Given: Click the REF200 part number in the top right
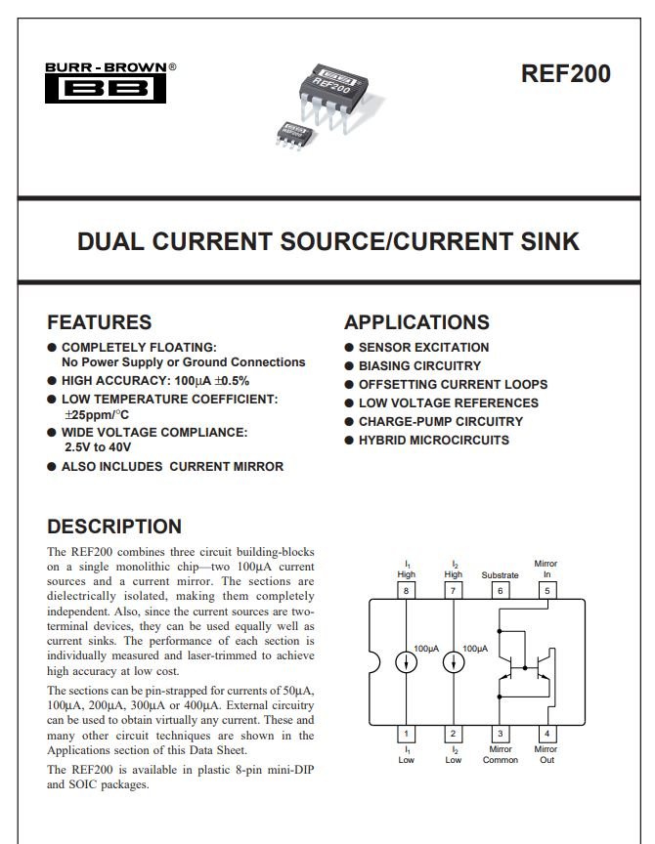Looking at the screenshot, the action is pos(566,73).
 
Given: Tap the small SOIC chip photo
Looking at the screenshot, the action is pos(294,135).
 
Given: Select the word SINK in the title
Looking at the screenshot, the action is pos(550,241).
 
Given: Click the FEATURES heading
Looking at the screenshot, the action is pos(100,322).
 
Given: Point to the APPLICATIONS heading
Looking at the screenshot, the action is pos(416,322).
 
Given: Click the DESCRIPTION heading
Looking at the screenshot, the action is pos(114,526).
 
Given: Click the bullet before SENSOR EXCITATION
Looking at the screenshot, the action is pos(349,348).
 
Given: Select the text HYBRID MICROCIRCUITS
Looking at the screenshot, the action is pos(434,441).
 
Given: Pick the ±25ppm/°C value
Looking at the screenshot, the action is pos(97,415).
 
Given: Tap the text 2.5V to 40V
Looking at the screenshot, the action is pos(98,447).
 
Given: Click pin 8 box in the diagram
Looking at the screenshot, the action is pos(406,590).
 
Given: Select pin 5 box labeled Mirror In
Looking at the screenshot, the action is pos(547,590).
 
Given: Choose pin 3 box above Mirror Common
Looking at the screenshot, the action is pos(500,733).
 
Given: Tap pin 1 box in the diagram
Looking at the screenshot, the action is pos(406,733).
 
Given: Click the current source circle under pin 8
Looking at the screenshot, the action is pos(406,662).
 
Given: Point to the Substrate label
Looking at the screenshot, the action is pos(500,574).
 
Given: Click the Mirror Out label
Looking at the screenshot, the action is pos(546,754).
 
